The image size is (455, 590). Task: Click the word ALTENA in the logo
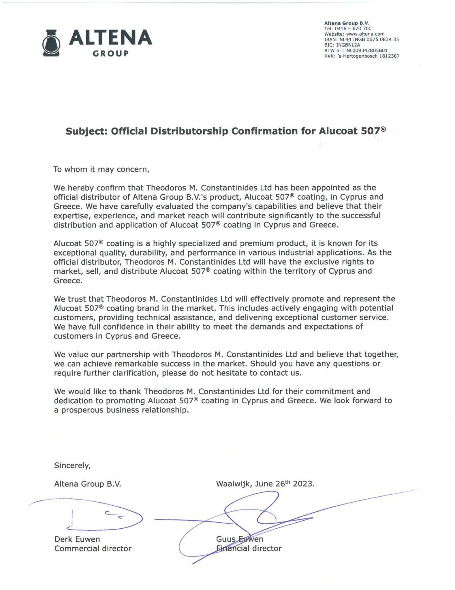pos(110,37)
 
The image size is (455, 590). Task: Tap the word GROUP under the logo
pos(110,54)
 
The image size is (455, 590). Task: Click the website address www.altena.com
pos(365,34)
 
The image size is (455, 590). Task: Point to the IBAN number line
pos(362,39)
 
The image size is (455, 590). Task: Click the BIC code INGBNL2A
pos(348,45)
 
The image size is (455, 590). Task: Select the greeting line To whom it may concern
pos(101,169)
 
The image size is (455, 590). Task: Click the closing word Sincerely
pos(72,466)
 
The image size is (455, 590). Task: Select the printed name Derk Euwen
pos(77,539)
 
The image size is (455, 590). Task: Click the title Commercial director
pos(93,548)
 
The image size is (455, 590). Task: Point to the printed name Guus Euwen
pos(240,539)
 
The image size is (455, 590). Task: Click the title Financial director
pos(249,548)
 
